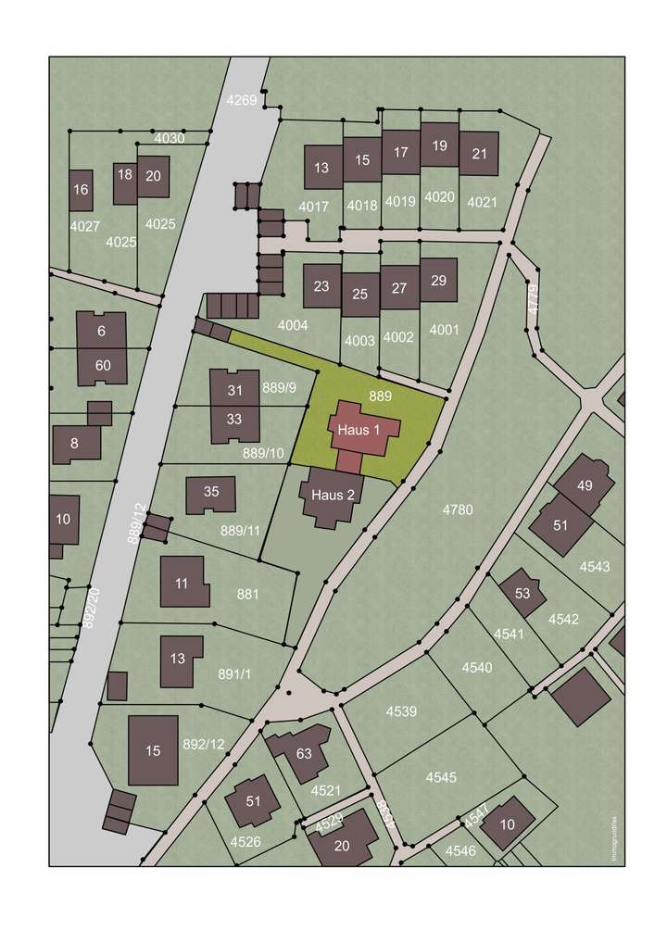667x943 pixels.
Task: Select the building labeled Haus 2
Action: click(333, 495)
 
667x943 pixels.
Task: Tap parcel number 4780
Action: click(458, 509)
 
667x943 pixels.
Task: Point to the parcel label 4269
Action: click(243, 99)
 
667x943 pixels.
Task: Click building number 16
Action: click(81, 190)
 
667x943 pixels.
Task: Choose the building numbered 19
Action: click(439, 145)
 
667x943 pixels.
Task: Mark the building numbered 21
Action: click(479, 153)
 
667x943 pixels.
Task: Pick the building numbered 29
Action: click(438, 281)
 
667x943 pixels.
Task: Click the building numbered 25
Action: click(360, 295)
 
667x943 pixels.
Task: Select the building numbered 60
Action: click(102, 365)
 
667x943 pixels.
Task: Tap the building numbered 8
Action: click(75, 443)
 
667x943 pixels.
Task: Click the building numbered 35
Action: click(211, 493)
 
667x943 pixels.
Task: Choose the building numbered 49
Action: click(584, 484)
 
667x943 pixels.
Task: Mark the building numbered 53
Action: click(522, 593)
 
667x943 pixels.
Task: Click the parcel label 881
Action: click(247, 595)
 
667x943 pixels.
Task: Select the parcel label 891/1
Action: click(234, 674)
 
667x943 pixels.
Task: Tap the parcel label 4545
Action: click(441, 777)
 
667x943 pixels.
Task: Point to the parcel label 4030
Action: click(170, 138)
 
